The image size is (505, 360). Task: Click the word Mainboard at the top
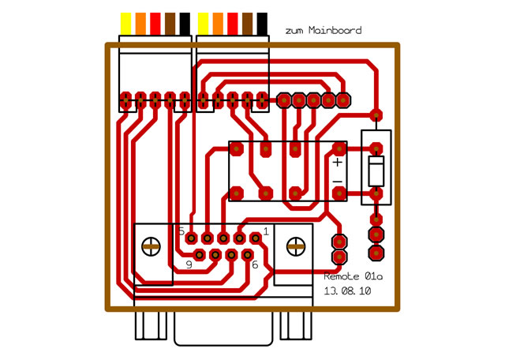coord(336,31)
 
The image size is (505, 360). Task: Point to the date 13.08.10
coord(347,291)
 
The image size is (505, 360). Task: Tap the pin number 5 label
coord(181,232)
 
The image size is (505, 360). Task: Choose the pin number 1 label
coord(266,231)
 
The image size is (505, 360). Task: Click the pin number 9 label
coord(189,264)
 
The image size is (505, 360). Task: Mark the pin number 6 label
coord(255,264)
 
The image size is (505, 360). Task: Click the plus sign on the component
coord(337,163)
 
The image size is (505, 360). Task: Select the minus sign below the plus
coord(337,182)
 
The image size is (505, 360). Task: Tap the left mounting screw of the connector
coord(151,246)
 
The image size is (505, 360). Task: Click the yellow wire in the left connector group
coord(125,24)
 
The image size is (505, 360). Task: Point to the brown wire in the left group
coord(170,24)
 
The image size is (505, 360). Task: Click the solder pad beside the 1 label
coord(255,238)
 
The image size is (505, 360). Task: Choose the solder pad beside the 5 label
coord(192,238)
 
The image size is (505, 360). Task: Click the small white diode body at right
coord(376,171)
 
